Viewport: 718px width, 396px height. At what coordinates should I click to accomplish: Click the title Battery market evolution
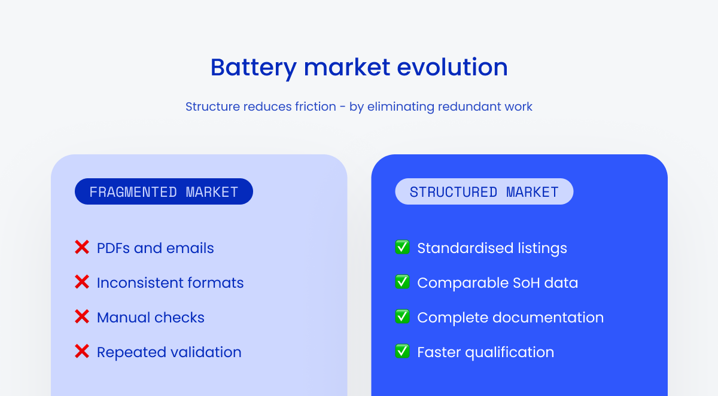[359, 67]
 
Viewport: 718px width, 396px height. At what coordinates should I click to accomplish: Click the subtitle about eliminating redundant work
[359, 106]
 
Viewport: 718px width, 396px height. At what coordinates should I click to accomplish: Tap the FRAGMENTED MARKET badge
[163, 192]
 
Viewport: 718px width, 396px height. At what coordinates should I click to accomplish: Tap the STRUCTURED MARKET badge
[484, 192]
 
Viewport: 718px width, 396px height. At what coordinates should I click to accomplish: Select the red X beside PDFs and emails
[82, 247]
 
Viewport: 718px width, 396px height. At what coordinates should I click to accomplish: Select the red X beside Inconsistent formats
[82, 282]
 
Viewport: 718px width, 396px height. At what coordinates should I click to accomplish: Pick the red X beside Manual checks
[82, 316]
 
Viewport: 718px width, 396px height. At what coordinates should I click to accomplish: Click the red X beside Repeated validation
[82, 351]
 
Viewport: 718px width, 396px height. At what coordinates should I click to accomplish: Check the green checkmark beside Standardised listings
[402, 247]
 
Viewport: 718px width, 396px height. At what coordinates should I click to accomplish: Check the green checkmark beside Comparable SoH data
[402, 282]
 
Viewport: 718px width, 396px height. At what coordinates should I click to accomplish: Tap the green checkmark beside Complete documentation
[402, 316]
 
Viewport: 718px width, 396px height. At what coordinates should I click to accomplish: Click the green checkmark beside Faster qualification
[402, 351]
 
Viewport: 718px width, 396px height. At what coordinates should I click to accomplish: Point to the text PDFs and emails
[155, 248]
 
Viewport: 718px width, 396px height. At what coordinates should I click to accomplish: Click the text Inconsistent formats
[170, 283]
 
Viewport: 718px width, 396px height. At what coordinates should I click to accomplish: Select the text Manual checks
[150, 318]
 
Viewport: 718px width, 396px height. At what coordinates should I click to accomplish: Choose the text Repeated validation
[169, 352]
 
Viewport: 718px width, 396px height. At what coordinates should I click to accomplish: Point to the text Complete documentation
[510, 318]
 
